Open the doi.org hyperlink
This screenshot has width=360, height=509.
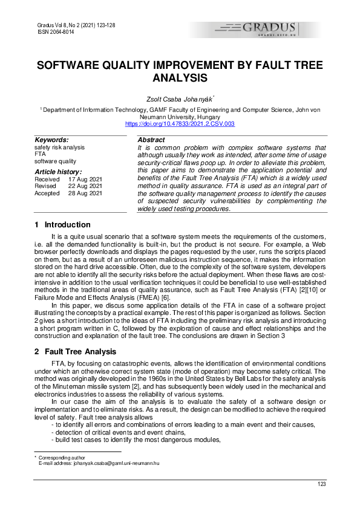pyautogui.click(x=180, y=123)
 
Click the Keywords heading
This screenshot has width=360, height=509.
pyautogui.click(x=51, y=140)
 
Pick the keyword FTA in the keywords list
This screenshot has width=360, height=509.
pyautogui.click(x=41, y=154)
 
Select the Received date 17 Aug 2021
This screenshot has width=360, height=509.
pyautogui.click(x=85, y=180)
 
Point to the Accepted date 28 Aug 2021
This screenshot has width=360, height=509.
pyautogui.click(x=85, y=193)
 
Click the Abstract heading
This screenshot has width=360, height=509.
pyautogui.click(x=151, y=140)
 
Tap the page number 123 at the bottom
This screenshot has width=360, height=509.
pyautogui.click(x=322, y=484)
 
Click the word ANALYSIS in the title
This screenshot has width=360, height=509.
pyautogui.click(x=180, y=78)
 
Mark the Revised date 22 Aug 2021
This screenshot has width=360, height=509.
pyautogui.click(x=85, y=186)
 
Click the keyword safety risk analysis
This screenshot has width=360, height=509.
pyautogui.click(x=60, y=148)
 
